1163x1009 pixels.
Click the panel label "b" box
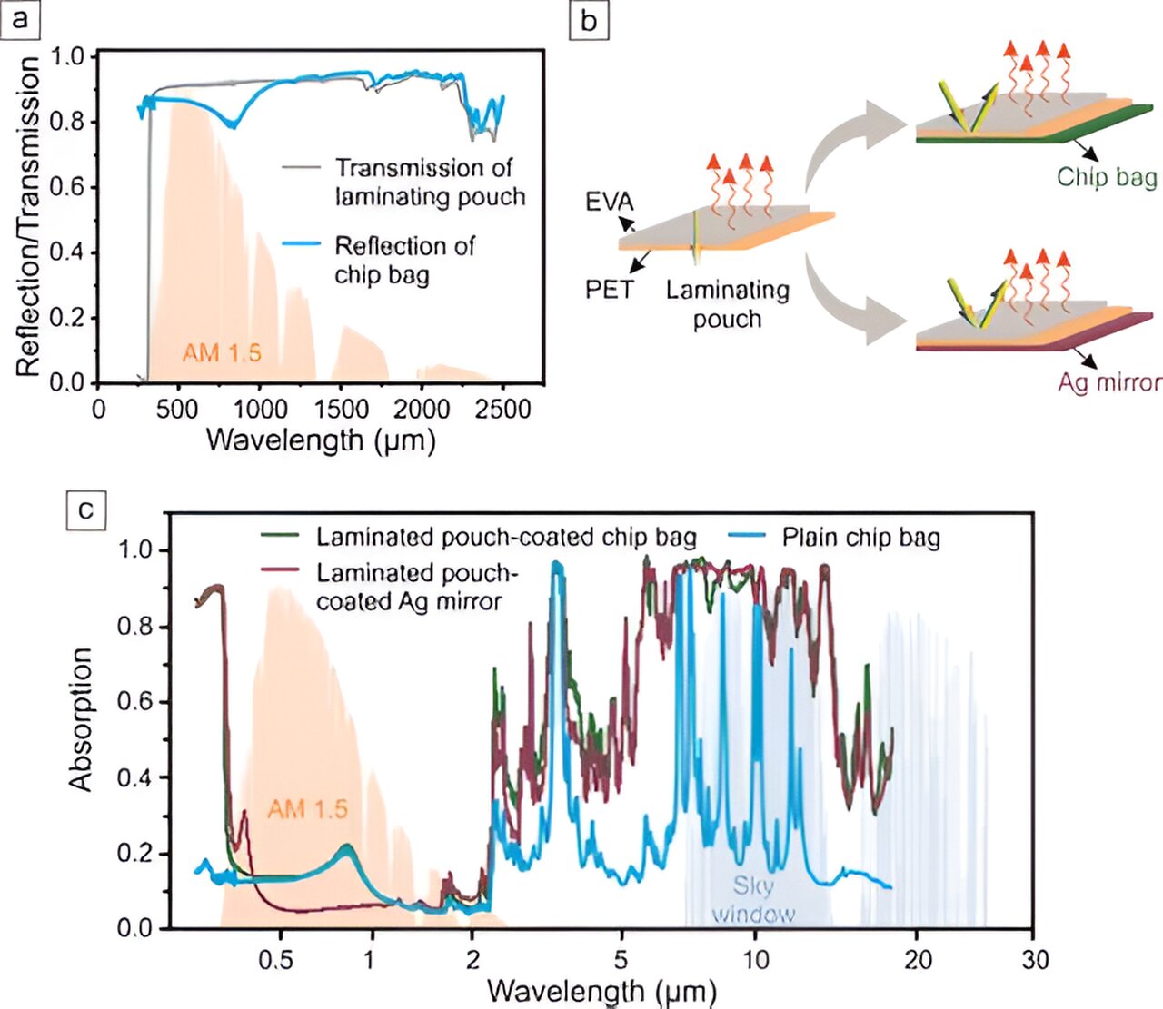click(588, 18)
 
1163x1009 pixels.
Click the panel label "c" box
click(85, 509)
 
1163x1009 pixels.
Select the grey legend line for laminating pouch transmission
click(301, 168)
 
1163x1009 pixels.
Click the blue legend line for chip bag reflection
click(301, 244)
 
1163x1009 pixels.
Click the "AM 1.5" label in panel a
click(221, 352)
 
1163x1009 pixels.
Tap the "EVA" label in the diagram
click(610, 201)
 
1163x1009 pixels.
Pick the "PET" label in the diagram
click(609, 290)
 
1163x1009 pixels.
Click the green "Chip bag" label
click(1106, 176)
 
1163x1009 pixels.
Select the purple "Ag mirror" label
click(1108, 381)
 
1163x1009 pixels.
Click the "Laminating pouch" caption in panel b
click(727, 304)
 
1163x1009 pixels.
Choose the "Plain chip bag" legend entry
click(860, 538)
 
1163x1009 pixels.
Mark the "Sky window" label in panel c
click(753, 899)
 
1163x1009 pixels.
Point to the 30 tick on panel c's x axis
click(1035, 960)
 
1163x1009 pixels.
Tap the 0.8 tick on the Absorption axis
click(137, 627)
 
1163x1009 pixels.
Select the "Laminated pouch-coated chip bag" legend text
click(506, 537)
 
